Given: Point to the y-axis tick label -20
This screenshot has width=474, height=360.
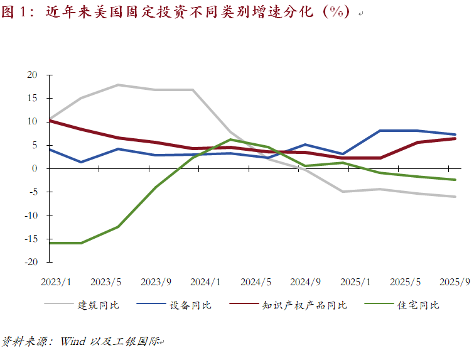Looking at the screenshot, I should click(x=31, y=262).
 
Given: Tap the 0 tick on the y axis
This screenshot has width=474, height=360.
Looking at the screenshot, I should click(x=35, y=168).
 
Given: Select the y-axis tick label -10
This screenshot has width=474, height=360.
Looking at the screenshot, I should click(x=31, y=215).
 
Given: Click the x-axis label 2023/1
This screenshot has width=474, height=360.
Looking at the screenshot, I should click(x=56, y=282).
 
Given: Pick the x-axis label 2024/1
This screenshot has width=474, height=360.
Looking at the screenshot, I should click(x=205, y=282).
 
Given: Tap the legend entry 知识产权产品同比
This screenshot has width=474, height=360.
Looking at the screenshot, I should click(x=304, y=305).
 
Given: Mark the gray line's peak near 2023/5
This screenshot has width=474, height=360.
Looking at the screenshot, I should click(x=118, y=85).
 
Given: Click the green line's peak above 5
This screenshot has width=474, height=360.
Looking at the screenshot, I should click(x=230, y=139).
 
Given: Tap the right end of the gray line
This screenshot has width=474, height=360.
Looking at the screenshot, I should click(x=455, y=197).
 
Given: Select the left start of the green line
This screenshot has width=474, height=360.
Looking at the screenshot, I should click(x=49, y=243).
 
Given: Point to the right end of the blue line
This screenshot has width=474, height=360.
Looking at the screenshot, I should click(x=455, y=134).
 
